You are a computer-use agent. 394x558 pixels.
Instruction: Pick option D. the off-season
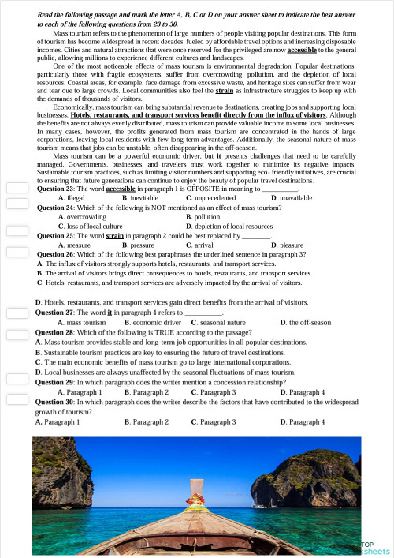click(x=304, y=323)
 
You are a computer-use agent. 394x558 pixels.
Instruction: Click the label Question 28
click(x=54, y=332)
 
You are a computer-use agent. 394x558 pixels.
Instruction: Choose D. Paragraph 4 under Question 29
click(x=303, y=391)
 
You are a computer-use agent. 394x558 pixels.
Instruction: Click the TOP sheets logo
click(x=374, y=547)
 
